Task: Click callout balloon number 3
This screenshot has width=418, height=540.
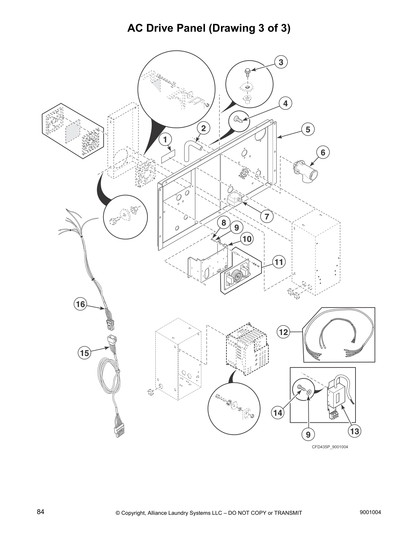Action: coord(281,62)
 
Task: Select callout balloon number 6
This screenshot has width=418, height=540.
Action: coord(323,152)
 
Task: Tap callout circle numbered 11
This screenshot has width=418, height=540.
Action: coord(279,262)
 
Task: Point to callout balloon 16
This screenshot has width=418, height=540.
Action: coord(80,303)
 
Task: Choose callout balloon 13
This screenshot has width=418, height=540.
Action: coord(354,431)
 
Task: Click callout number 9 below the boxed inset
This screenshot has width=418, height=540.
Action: coord(308,434)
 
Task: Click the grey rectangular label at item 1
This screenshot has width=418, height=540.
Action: coord(168,156)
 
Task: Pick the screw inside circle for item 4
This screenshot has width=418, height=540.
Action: coord(237,119)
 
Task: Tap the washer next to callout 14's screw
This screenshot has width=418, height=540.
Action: coord(309,392)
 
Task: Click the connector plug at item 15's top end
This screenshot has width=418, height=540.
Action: coord(112,340)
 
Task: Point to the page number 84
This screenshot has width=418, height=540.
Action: coord(41,512)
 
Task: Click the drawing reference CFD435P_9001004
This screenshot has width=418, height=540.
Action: coord(330,447)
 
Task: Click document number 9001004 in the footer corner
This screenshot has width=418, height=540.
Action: coord(370,512)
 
